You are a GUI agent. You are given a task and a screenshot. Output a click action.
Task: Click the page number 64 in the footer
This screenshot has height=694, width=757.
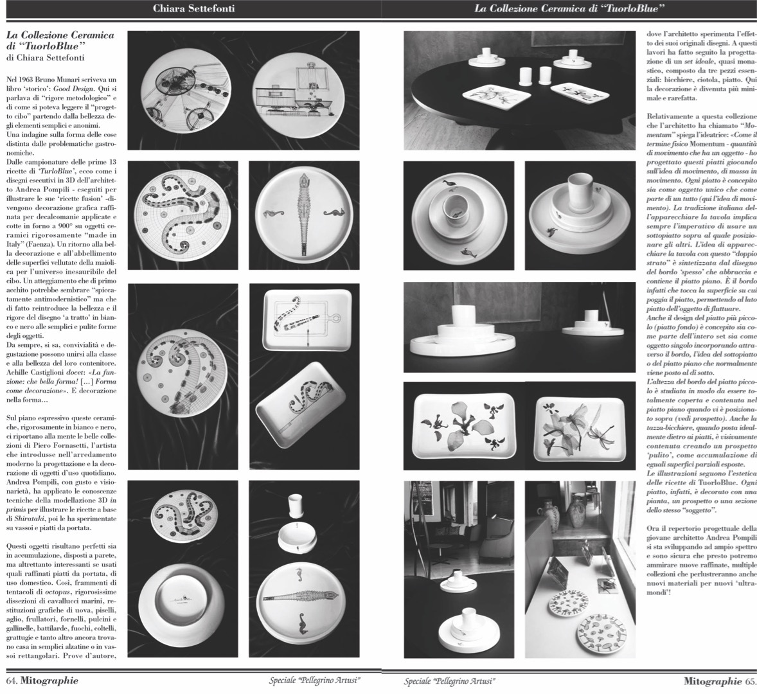click(x=11, y=680)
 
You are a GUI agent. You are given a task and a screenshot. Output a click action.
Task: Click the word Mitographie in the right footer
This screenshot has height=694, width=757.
click(x=713, y=680)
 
